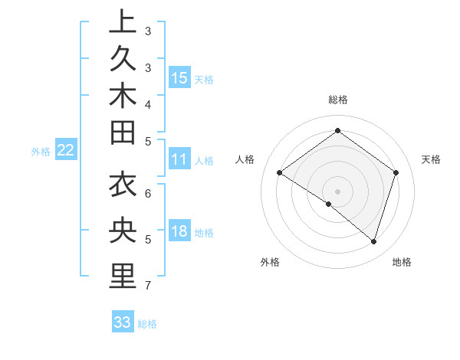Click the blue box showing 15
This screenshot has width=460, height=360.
click(x=179, y=78)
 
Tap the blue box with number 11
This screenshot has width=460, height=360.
click(x=179, y=159)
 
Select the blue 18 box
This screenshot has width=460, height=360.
click(x=179, y=232)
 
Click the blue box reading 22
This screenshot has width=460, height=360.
click(x=66, y=150)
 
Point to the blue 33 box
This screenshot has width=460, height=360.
click(x=123, y=322)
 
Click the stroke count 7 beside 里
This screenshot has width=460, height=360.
click(x=146, y=286)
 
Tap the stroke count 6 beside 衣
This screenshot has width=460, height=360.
click(x=146, y=193)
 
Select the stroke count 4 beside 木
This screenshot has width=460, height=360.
click(x=146, y=104)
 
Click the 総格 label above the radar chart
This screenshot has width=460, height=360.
click(x=337, y=100)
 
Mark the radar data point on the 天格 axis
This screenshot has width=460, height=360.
click(x=396, y=172)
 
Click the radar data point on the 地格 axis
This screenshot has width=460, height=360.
click(x=373, y=241)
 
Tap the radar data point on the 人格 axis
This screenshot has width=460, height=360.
click(x=280, y=173)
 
